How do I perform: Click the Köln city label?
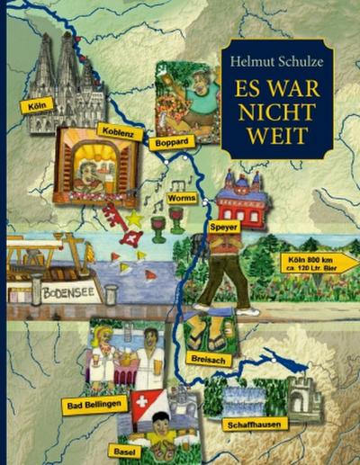tap(35, 105)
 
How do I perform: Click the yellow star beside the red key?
tap(136, 217)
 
